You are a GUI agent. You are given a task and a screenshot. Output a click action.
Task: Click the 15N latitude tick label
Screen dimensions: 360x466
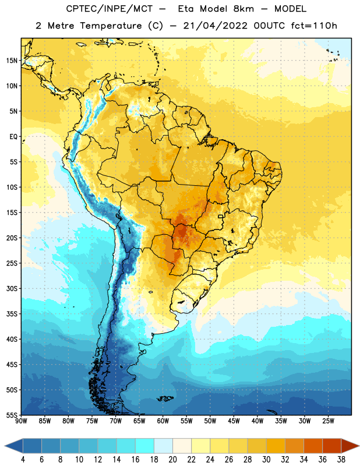point(12,61)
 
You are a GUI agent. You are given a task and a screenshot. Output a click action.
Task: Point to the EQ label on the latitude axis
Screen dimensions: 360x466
point(13,137)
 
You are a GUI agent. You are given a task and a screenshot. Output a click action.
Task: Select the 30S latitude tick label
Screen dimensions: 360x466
point(12,288)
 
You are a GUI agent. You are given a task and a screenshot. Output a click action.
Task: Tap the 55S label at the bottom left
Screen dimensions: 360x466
point(12,415)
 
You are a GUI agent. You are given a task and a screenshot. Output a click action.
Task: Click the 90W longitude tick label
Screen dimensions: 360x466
point(21,421)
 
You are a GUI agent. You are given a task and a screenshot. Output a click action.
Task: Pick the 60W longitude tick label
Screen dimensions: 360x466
point(163,421)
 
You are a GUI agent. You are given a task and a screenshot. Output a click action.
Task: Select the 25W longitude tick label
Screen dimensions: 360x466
point(328,421)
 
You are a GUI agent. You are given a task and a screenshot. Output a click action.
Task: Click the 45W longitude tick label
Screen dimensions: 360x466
point(234,421)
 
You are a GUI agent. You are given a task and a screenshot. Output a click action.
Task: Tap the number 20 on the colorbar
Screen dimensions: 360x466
point(172,460)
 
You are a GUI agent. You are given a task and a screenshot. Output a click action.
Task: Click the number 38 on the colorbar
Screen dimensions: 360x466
point(341,460)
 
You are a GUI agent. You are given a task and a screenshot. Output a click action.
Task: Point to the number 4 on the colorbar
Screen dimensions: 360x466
point(23,460)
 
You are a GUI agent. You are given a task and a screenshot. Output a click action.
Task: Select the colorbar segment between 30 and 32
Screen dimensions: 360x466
point(276,446)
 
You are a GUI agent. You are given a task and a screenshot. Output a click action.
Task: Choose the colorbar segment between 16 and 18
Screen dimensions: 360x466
point(145,446)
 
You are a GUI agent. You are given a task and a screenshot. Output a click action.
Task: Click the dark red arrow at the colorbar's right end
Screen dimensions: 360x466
point(350,446)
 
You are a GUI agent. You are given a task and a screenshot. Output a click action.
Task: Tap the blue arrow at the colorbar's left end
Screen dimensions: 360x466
point(14,446)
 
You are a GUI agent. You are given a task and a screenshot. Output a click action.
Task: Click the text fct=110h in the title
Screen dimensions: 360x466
point(314,26)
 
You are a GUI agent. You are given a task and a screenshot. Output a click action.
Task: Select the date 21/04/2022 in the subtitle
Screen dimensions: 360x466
point(215,26)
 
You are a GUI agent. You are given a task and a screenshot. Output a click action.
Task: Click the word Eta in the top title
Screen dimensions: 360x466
point(186,9)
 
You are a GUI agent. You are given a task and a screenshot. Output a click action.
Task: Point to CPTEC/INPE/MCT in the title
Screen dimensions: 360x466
point(109,9)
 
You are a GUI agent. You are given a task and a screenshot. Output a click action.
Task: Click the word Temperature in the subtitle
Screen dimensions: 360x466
point(111,26)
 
